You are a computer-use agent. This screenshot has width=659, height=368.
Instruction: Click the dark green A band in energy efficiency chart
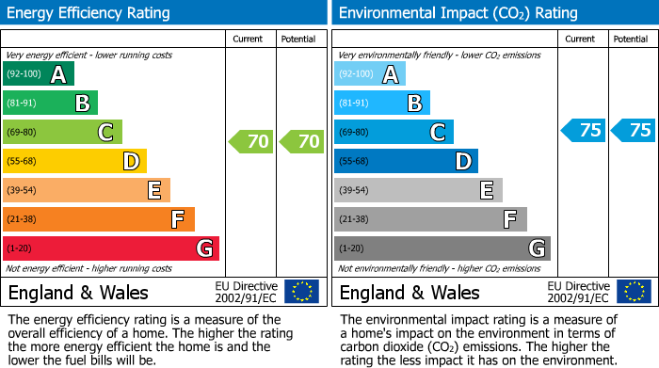(x=39, y=74)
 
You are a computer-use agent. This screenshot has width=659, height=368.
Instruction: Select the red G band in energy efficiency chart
(x=111, y=248)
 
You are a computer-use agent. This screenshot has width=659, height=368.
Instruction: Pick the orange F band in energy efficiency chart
(x=99, y=219)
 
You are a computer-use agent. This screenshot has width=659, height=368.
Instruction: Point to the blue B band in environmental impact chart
(x=382, y=104)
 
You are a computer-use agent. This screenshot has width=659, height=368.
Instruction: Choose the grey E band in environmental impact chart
(x=418, y=190)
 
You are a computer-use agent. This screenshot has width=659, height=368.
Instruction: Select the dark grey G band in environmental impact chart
(x=442, y=248)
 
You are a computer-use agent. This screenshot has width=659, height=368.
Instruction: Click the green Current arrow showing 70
(x=251, y=142)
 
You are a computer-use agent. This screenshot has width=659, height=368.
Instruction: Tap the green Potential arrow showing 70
(x=301, y=142)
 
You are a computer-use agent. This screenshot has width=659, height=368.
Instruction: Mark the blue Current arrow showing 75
(x=583, y=131)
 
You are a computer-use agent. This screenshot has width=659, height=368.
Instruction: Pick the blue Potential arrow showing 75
(x=633, y=131)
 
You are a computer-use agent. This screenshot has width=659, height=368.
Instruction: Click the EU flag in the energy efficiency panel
(x=301, y=292)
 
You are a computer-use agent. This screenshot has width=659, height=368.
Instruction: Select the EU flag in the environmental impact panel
(x=633, y=292)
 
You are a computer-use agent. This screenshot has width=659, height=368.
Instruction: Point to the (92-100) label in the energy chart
(x=24, y=74)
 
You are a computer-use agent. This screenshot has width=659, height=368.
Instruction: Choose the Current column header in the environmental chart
(x=581, y=39)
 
